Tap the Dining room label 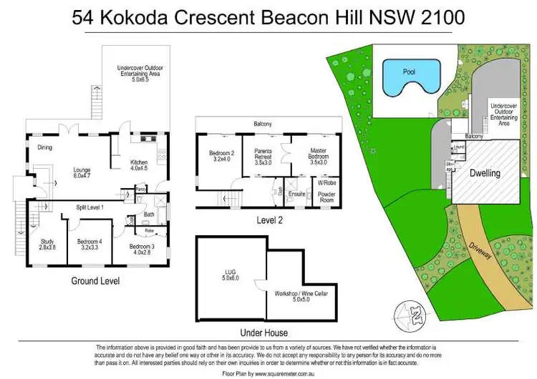point(44,148)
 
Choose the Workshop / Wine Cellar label point(299,297)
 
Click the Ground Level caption point(95,281)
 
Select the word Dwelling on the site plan point(485,173)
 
